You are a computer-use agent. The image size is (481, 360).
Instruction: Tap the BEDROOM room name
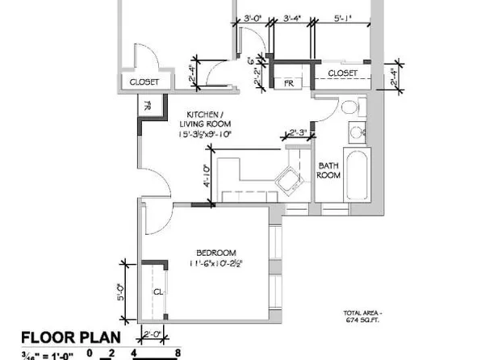pos(215,252)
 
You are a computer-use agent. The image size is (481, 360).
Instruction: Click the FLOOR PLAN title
pos(70,337)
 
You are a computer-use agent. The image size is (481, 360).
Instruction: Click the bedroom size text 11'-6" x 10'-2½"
pos(216,263)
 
